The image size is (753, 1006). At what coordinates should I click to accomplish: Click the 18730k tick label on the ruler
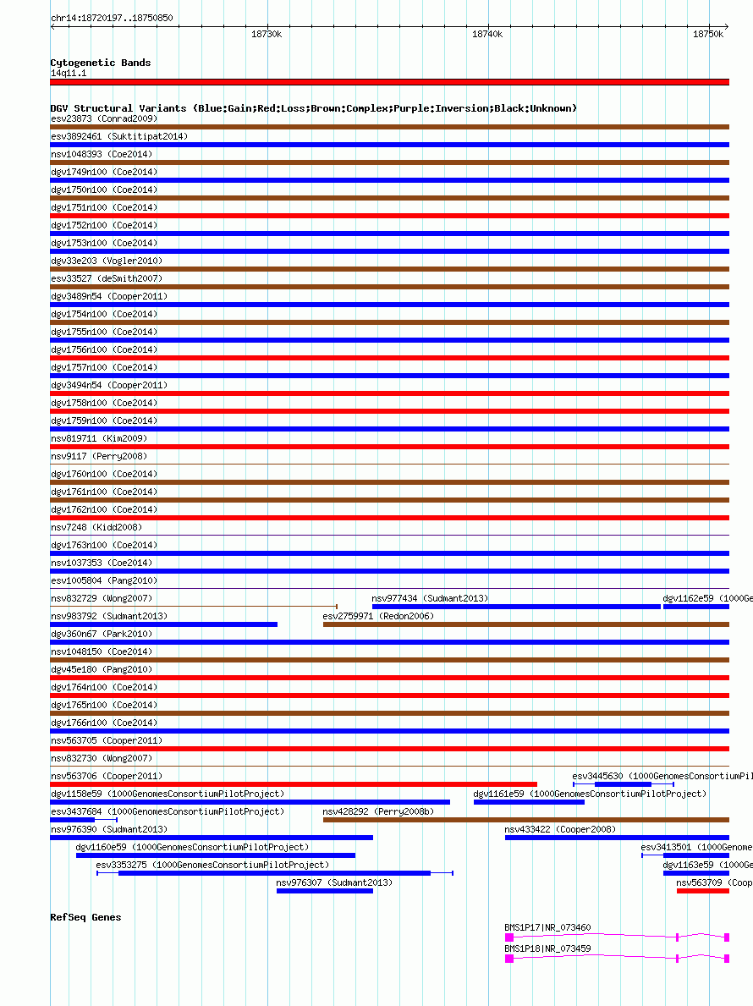pyautogui.click(x=267, y=34)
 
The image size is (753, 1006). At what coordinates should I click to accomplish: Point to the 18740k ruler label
pyautogui.click(x=486, y=34)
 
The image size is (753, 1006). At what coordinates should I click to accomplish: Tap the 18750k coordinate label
pyautogui.click(x=708, y=34)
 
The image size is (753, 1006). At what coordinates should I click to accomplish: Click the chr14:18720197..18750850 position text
pyautogui.click(x=112, y=17)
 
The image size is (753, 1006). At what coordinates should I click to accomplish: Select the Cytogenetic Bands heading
pyautogui.click(x=100, y=63)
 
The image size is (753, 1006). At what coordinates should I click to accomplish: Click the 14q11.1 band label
pyautogui.click(x=69, y=73)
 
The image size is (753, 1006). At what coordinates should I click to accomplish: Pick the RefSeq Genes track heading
pyautogui.click(x=85, y=917)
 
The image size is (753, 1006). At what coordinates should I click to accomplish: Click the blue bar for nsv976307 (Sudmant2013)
pyautogui.click(x=324, y=891)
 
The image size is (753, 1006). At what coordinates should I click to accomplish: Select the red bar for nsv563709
pyautogui.click(x=702, y=891)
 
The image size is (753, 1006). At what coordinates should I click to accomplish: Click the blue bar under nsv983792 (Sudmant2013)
pyautogui.click(x=163, y=624)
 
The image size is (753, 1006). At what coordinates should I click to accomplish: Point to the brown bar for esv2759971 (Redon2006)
pyautogui.click(x=525, y=624)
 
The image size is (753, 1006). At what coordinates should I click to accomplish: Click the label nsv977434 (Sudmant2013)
pyautogui.click(x=430, y=598)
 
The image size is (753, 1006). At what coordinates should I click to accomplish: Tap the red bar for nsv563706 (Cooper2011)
pyautogui.click(x=294, y=784)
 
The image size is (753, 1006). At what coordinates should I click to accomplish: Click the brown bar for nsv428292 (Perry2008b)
pyautogui.click(x=525, y=820)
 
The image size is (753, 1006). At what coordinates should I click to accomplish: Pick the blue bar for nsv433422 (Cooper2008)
pyautogui.click(x=617, y=838)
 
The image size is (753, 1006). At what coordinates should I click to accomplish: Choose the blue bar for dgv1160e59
pyautogui.click(x=215, y=855)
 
